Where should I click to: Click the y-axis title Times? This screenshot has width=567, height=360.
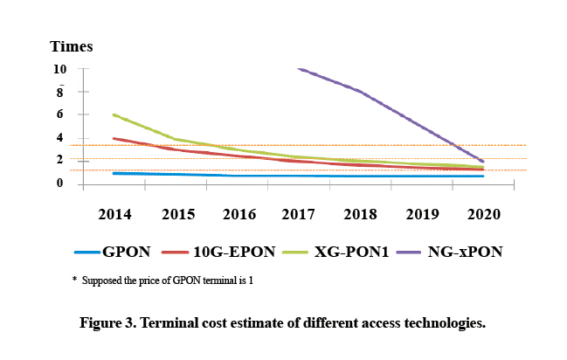click(x=71, y=46)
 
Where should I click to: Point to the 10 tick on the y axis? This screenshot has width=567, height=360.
click(x=59, y=69)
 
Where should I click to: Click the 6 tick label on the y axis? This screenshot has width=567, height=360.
click(x=59, y=114)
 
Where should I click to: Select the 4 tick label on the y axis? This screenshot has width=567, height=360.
click(x=59, y=138)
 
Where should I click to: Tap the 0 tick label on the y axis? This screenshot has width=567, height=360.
click(x=59, y=183)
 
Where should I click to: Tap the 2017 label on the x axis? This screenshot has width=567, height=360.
click(x=298, y=214)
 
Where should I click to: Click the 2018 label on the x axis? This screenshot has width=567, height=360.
click(x=360, y=214)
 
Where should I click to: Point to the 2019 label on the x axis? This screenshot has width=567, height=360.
click(x=421, y=214)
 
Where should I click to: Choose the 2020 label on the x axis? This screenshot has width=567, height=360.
click(x=482, y=214)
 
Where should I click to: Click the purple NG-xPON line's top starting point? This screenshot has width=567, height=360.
click(x=300, y=68)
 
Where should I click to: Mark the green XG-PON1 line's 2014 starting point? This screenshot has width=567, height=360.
click(x=114, y=114)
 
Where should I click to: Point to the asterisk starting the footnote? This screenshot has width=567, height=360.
click(x=74, y=280)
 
